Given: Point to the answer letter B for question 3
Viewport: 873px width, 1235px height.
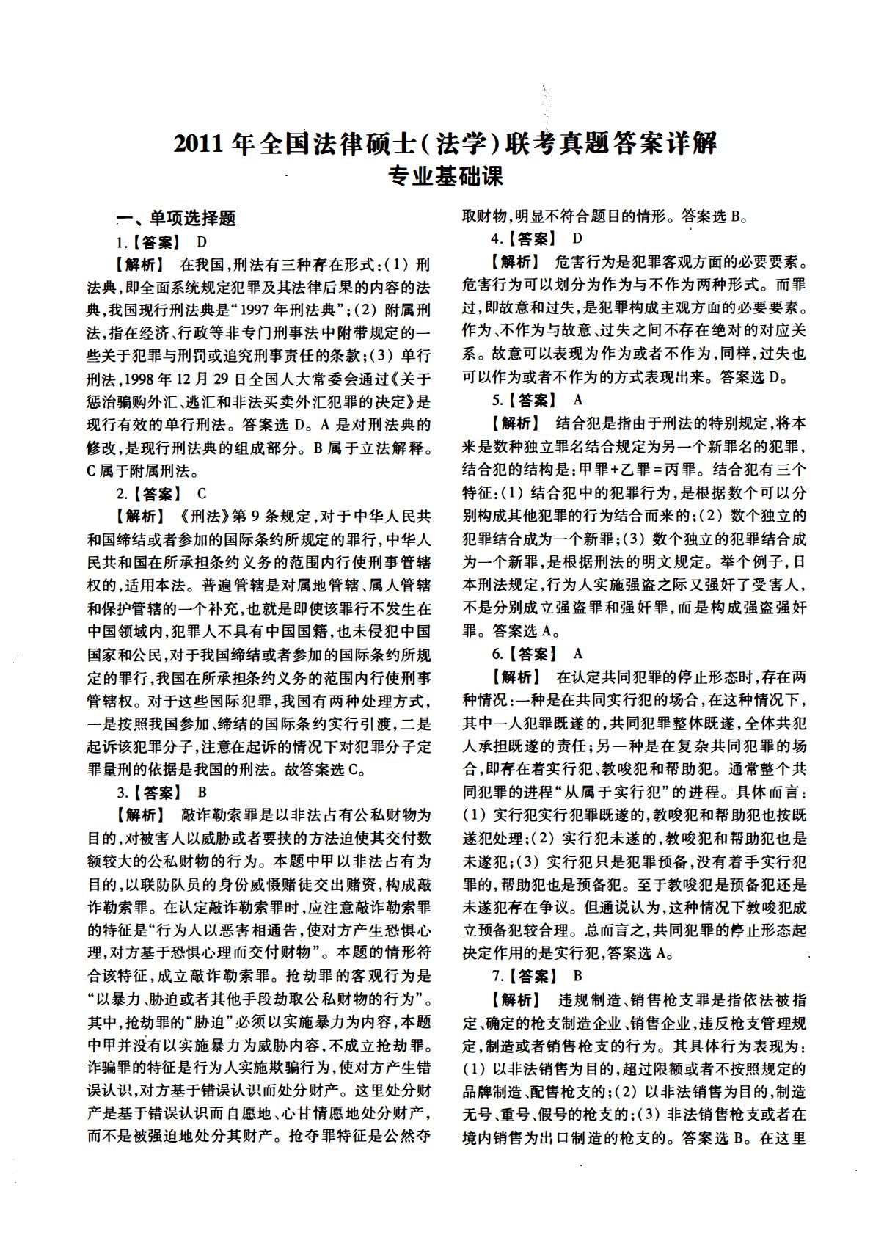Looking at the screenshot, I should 202,792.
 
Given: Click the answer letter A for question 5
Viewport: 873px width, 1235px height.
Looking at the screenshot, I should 578,400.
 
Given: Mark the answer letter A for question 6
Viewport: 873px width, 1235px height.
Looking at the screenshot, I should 578,653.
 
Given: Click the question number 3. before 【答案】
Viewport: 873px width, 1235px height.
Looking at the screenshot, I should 123,792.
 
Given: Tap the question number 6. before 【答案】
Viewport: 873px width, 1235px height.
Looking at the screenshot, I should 497,653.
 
